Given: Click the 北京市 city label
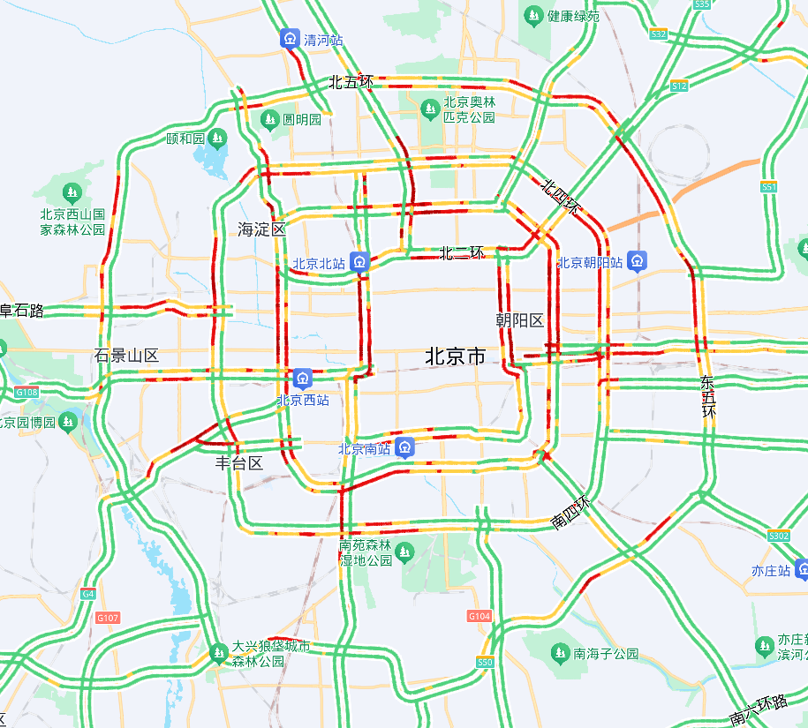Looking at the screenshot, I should pyautogui.click(x=455, y=356).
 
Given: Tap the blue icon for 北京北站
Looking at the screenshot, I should pyautogui.click(x=359, y=261).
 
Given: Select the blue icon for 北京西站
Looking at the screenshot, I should pyautogui.click(x=303, y=379).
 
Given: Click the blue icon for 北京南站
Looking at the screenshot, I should pyautogui.click(x=404, y=448).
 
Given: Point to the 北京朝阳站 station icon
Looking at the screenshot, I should pyautogui.click(x=638, y=261).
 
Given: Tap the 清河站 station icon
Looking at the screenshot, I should pyautogui.click(x=291, y=39).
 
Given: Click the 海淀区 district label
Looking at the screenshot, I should pyautogui.click(x=262, y=229).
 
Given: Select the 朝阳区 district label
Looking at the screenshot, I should pyautogui.click(x=519, y=319).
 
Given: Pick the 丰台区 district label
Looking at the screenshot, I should pyautogui.click(x=239, y=463).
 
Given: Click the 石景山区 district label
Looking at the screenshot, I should pyautogui.click(x=126, y=356).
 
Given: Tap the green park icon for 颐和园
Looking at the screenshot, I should pyautogui.click(x=217, y=138).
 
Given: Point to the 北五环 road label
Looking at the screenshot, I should pyautogui.click(x=351, y=82).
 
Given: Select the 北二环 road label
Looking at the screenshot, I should pyautogui.click(x=462, y=253).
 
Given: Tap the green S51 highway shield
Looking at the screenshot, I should pyautogui.click(x=769, y=187).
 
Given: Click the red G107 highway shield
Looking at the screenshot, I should pyautogui.click(x=108, y=618).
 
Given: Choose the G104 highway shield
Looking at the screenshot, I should pyautogui.click(x=480, y=615).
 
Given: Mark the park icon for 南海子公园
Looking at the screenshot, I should pyautogui.click(x=559, y=653).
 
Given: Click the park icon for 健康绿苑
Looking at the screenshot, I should pyautogui.click(x=533, y=15).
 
